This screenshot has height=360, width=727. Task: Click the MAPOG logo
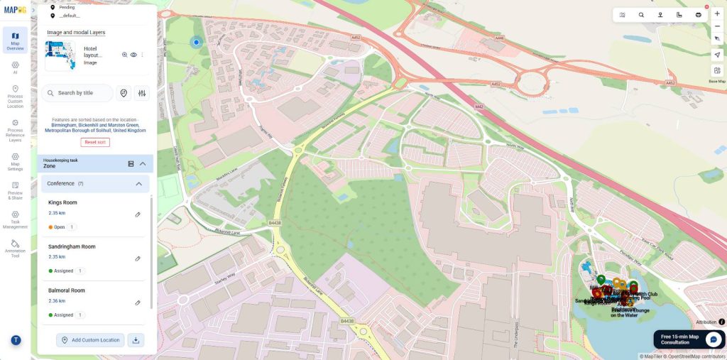click(x=15, y=9)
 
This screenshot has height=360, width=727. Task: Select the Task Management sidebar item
click(x=15, y=219)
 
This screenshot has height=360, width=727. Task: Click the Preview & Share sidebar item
click(x=15, y=190)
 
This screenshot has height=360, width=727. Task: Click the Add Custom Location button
click(x=90, y=340)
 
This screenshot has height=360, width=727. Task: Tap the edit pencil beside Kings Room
click(x=138, y=214)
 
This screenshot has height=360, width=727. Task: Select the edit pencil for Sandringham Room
click(x=138, y=258)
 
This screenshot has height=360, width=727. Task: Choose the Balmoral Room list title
click(x=67, y=290)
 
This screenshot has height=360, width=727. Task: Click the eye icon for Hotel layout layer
click(x=133, y=55)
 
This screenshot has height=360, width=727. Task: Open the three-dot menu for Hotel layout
click(x=142, y=55)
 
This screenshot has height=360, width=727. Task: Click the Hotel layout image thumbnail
click(x=60, y=55)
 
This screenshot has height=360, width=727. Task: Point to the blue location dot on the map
click(x=197, y=43)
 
